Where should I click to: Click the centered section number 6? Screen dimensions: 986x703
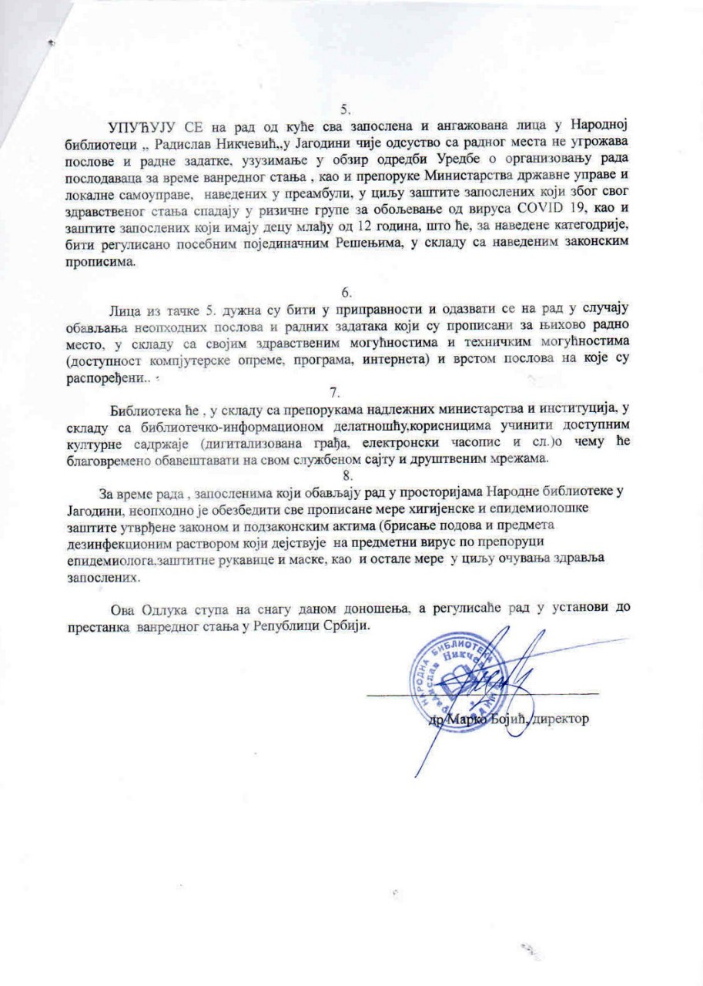[x=346, y=292]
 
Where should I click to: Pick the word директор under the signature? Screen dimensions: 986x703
[x=561, y=719]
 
